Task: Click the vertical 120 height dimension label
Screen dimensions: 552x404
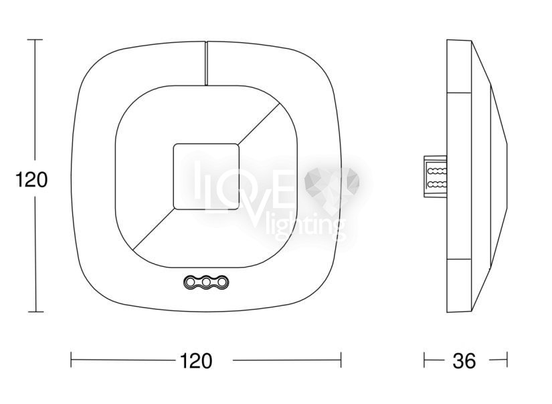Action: [31, 180]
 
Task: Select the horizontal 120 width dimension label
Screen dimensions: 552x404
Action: [196, 361]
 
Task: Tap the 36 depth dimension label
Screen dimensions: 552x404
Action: [464, 361]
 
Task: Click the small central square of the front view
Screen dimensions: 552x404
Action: [206, 177]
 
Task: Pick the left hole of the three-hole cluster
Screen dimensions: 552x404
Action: [191, 282]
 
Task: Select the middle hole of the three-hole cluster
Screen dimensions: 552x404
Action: [206, 282]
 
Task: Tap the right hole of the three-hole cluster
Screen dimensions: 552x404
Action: [221, 282]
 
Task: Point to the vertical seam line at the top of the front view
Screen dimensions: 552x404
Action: [206, 64]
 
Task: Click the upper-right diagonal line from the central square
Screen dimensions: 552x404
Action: [259, 124]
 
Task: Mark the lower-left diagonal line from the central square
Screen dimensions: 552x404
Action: [153, 229]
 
